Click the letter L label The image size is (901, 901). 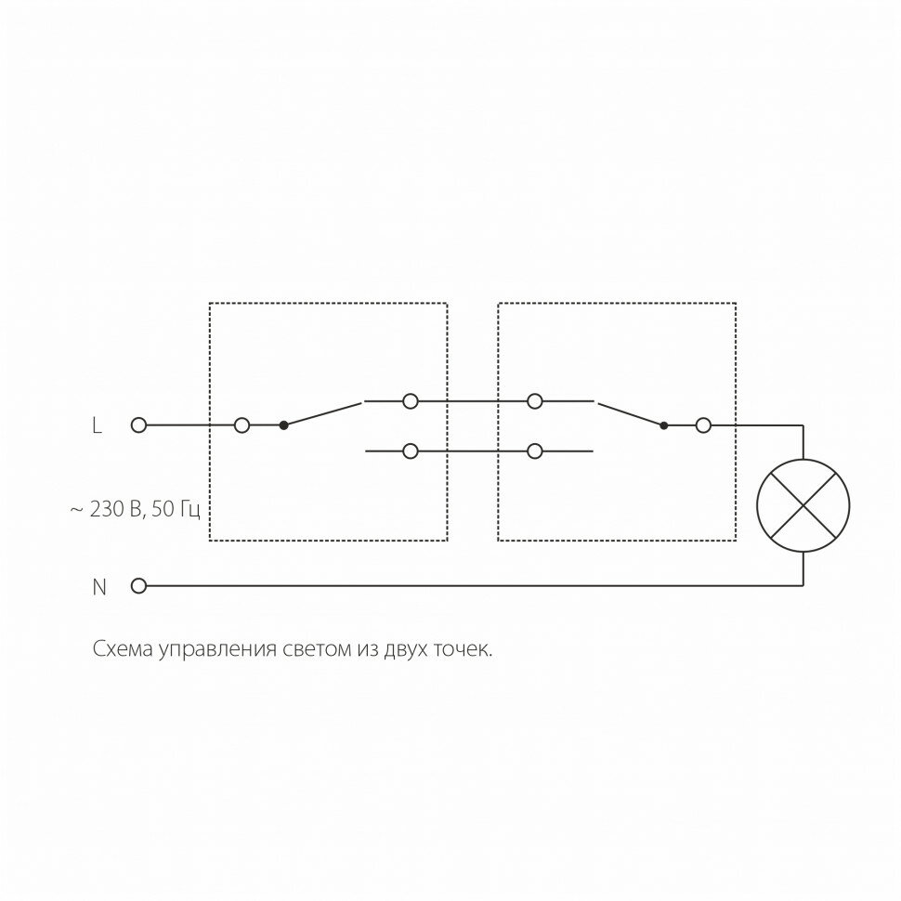point(97,425)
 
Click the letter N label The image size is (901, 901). point(98,586)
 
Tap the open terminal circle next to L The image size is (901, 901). point(139,425)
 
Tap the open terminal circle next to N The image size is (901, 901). point(139,586)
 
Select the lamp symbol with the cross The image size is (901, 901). point(803,505)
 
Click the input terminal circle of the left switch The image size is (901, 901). point(242,425)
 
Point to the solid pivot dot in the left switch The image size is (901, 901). point(283,425)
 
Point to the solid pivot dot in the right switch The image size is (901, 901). point(663,425)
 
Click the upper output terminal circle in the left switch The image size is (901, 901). point(410,401)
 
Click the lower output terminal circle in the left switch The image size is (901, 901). point(410,451)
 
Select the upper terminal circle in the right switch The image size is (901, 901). point(534,401)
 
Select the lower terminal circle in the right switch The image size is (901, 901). point(534,451)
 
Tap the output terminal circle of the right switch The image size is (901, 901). point(703,425)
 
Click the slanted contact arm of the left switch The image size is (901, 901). point(322,413)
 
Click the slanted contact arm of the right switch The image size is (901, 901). point(630,414)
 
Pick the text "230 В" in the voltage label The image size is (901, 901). point(115,509)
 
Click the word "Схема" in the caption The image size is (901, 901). point(124,648)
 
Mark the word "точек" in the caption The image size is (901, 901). point(462,648)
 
